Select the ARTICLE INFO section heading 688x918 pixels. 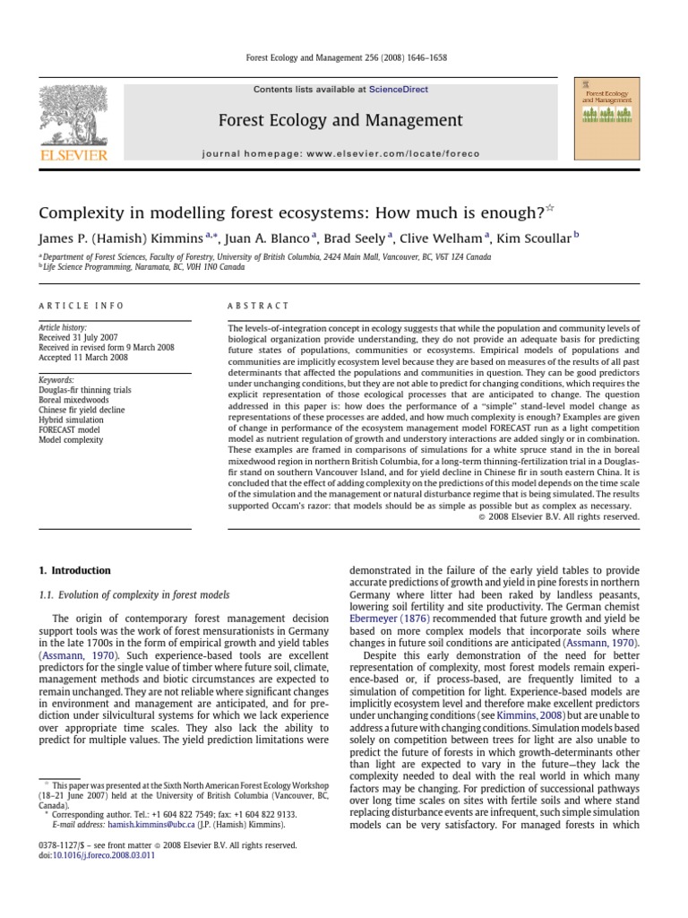tap(81, 306)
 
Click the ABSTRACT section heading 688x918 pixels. tap(259, 306)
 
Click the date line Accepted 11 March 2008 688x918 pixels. tap(82, 357)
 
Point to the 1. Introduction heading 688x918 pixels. tap(74, 570)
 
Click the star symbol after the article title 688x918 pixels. tap(550, 209)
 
